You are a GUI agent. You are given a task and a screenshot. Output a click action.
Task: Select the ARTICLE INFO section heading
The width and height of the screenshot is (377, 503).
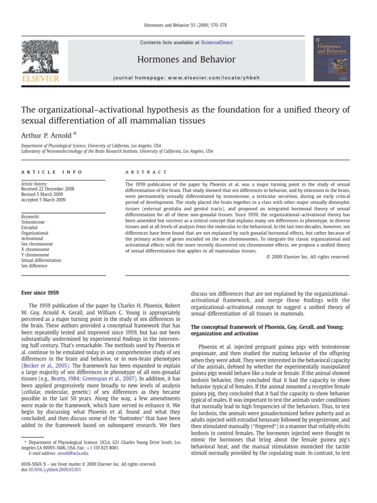click(x=52, y=172)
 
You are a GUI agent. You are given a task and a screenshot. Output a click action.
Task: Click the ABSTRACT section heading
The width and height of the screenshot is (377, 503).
click(x=146, y=172)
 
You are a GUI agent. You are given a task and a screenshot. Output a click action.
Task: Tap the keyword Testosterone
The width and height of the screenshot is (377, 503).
click(x=33, y=222)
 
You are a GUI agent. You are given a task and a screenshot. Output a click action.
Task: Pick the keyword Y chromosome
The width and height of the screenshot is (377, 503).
click(x=35, y=255)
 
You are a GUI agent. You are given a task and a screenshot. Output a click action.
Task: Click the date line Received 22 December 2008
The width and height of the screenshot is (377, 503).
click(x=48, y=189)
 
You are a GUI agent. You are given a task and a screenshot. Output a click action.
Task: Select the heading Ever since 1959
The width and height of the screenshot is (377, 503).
click(x=40, y=293)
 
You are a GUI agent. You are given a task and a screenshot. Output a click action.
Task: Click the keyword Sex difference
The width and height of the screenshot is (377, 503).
click(x=34, y=266)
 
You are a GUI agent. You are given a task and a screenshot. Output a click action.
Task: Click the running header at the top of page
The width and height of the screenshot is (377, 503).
click(x=188, y=25)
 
